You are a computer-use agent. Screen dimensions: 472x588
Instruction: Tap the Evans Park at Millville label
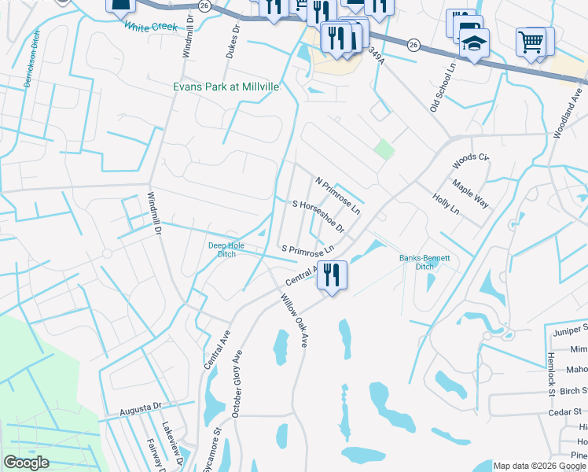pyautogui.click(x=226, y=87)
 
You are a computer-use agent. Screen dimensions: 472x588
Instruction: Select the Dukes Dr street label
pyautogui.click(x=232, y=46)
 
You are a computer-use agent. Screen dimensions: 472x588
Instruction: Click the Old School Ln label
pyautogui.click(x=443, y=89)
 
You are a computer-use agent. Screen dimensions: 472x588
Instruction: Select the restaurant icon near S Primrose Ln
pyautogui.click(x=333, y=275)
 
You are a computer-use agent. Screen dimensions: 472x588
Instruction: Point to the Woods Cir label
pyautogui.click(x=470, y=161)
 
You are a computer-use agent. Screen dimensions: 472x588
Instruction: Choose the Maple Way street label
pyautogui.click(x=470, y=194)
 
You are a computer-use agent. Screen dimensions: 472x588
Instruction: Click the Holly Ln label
pyautogui.click(x=445, y=204)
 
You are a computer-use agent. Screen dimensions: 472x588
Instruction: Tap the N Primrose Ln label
pyautogui.click(x=337, y=196)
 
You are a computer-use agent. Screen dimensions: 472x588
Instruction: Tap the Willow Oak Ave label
pyautogui.click(x=293, y=320)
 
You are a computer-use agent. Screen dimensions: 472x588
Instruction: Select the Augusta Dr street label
pyautogui.click(x=140, y=410)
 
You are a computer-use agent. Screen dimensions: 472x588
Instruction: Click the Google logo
pyautogui.click(x=26, y=462)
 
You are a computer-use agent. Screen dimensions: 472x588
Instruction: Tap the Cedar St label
pyautogui.click(x=566, y=410)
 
